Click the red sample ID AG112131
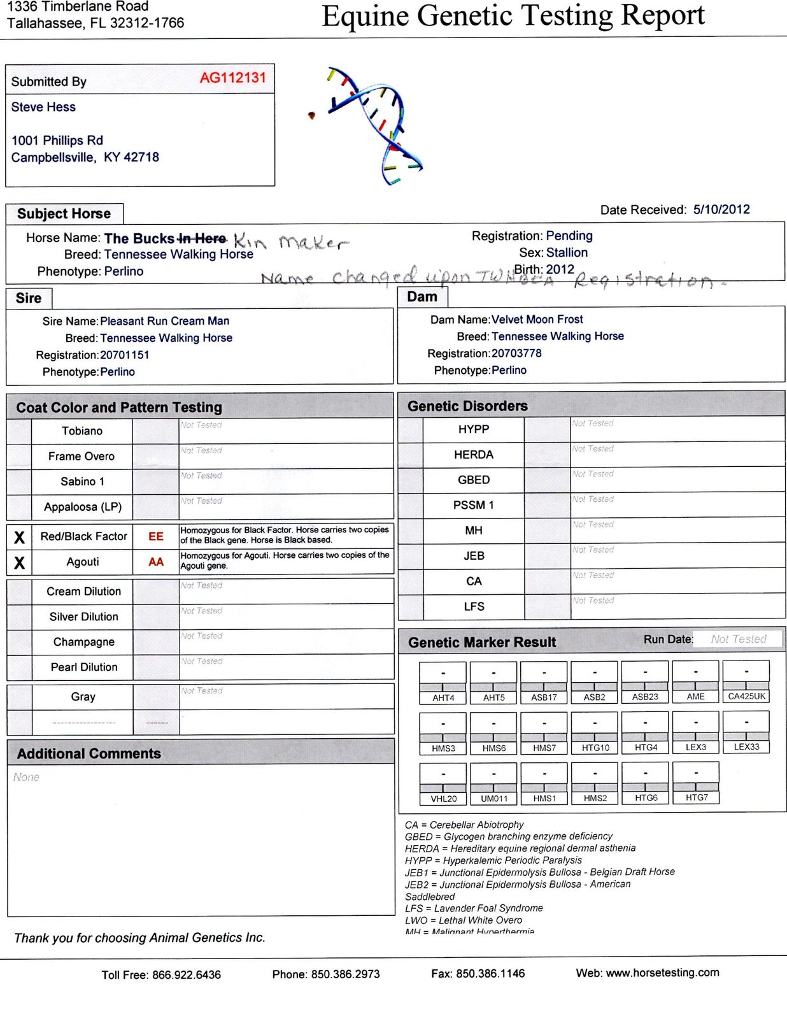tap(232, 78)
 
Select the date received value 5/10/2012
tap(721, 210)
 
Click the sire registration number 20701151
tap(125, 355)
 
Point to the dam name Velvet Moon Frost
tap(537, 319)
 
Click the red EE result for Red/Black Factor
tap(156, 536)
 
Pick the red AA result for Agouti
tap(156, 562)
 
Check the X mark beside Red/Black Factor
tap(20, 538)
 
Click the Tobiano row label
tap(82, 431)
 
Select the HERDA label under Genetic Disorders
tap(474, 454)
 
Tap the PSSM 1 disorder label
tap(474, 505)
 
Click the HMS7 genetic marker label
tap(544, 748)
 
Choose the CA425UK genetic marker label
tap(746, 696)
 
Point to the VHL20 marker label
tap(444, 798)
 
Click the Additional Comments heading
tap(89, 753)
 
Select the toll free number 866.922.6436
tap(187, 974)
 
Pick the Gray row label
tap(83, 696)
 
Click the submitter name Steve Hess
tap(43, 107)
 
